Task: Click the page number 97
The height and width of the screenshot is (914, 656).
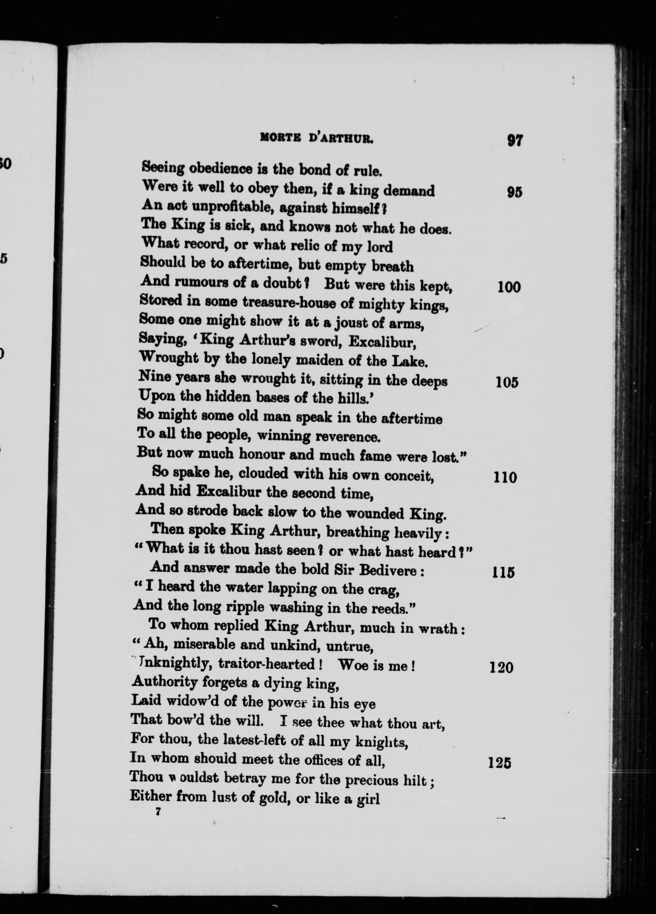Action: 515,140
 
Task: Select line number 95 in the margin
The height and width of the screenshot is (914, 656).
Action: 515,192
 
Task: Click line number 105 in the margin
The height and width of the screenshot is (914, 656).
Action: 507,382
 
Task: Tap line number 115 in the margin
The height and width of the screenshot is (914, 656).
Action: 503,572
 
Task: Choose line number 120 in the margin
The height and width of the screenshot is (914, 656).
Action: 501,668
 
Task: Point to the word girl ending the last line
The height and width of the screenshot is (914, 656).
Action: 368,798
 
